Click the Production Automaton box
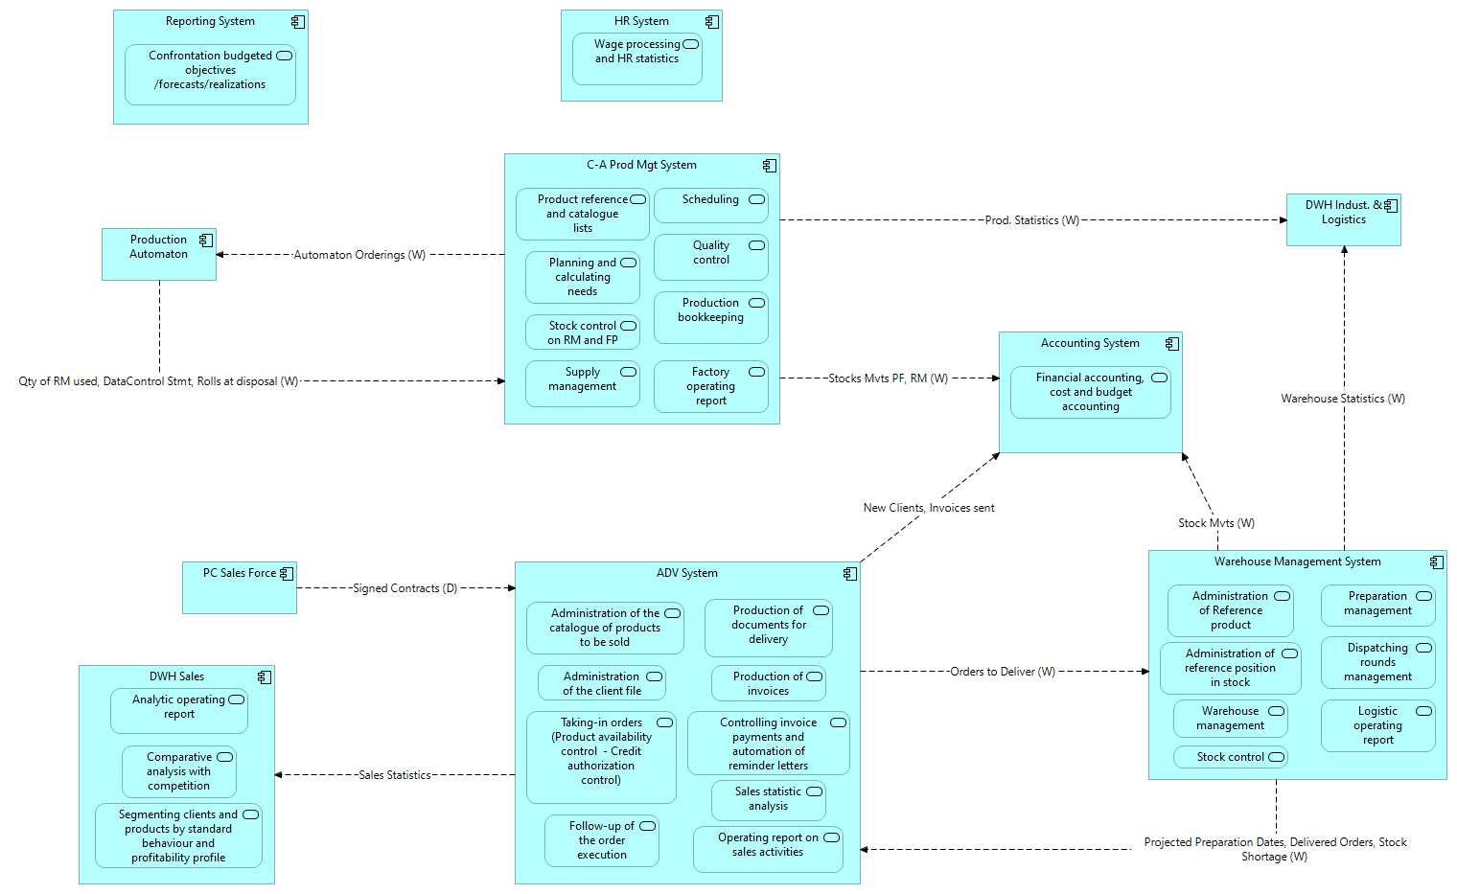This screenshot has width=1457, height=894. tap(159, 254)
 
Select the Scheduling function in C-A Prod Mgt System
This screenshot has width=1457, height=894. tap(710, 205)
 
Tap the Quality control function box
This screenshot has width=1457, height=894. tap(710, 257)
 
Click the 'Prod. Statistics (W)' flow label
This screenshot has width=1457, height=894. tap(1031, 220)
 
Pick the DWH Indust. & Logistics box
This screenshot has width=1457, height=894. tap(1343, 220)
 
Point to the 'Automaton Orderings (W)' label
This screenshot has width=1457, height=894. tap(359, 255)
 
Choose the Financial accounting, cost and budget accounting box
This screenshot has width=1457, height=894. tap(1090, 392)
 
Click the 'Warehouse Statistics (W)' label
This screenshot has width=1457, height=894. tap(1343, 399)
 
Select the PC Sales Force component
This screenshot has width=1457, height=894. tap(240, 587)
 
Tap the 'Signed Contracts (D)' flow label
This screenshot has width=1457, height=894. tap(405, 588)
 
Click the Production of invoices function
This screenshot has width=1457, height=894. tap(768, 683)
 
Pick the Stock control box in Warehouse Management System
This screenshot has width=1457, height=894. tap(1230, 757)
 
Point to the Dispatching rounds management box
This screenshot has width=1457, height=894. tap(1377, 662)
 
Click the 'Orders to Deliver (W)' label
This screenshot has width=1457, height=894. tap(1002, 672)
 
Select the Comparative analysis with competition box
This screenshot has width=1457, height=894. tap(179, 771)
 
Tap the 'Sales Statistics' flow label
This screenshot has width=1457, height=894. tap(394, 775)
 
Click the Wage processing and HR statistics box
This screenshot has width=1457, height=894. tap(636, 58)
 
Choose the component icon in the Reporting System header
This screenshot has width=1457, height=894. tap(298, 21)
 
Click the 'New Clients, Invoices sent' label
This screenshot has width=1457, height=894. tap(928, 508)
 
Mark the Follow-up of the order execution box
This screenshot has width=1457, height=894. tap(601, 840)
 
